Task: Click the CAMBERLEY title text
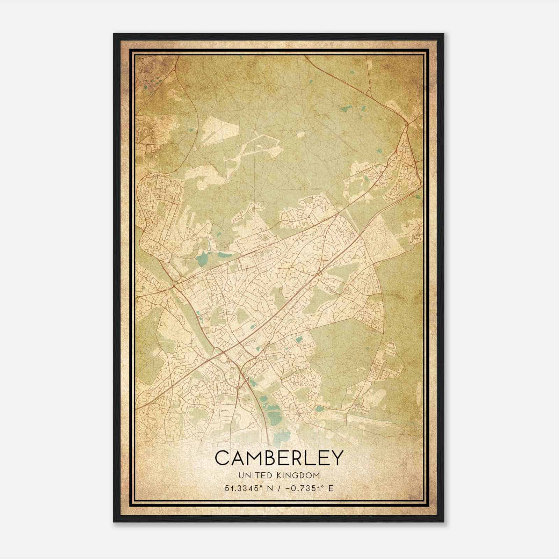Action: coord(279,458)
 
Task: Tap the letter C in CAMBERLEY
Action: coord(223,458)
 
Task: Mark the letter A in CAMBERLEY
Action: coord(238,458)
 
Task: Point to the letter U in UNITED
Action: coord(241,476)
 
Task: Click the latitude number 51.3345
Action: coord(239,488)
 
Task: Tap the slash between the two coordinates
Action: coord(279,488)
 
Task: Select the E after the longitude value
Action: coord(331,488)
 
